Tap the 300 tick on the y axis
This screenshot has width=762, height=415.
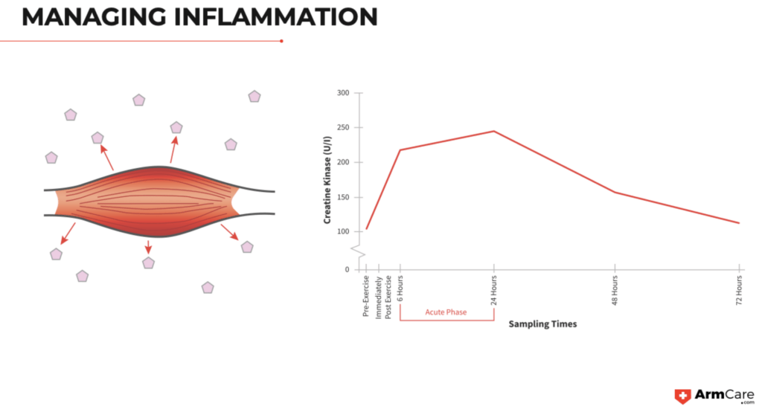click(x=342, y=93)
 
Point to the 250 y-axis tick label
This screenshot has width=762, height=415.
click(x=342, y=128)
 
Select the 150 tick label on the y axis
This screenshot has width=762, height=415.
click(x=342, y=197)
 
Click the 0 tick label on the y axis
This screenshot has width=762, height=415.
click(x=347, y=269)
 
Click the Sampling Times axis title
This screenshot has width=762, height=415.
click(x=542, y=324)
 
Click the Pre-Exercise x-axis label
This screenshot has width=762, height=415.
click(x=366, y=296)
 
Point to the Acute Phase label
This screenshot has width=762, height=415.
click(x=446, y=312)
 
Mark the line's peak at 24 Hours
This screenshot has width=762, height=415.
click(x=493, y=131)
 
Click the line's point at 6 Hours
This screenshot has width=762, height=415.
click(x=400, y=150)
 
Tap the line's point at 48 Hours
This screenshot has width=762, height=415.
click(x=615, y=193)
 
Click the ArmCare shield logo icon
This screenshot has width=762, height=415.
click(x=682, y=396)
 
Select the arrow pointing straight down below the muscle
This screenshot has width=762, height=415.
click(x=148, y=248)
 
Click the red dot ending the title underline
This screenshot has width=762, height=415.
click(x=281, y=41)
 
